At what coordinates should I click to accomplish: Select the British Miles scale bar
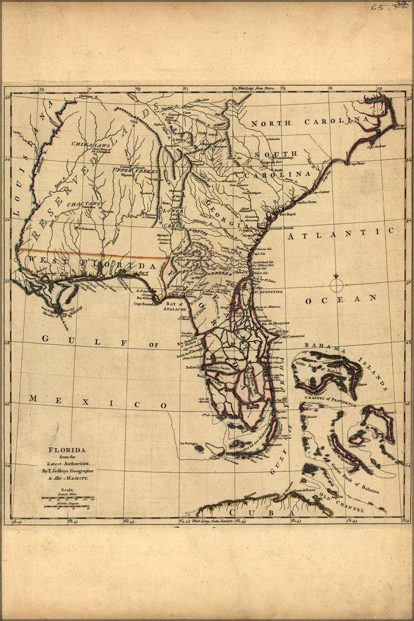click(68, 498)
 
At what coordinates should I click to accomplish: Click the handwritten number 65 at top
click(377, 8)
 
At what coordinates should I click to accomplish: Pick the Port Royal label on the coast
click(289, 215)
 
